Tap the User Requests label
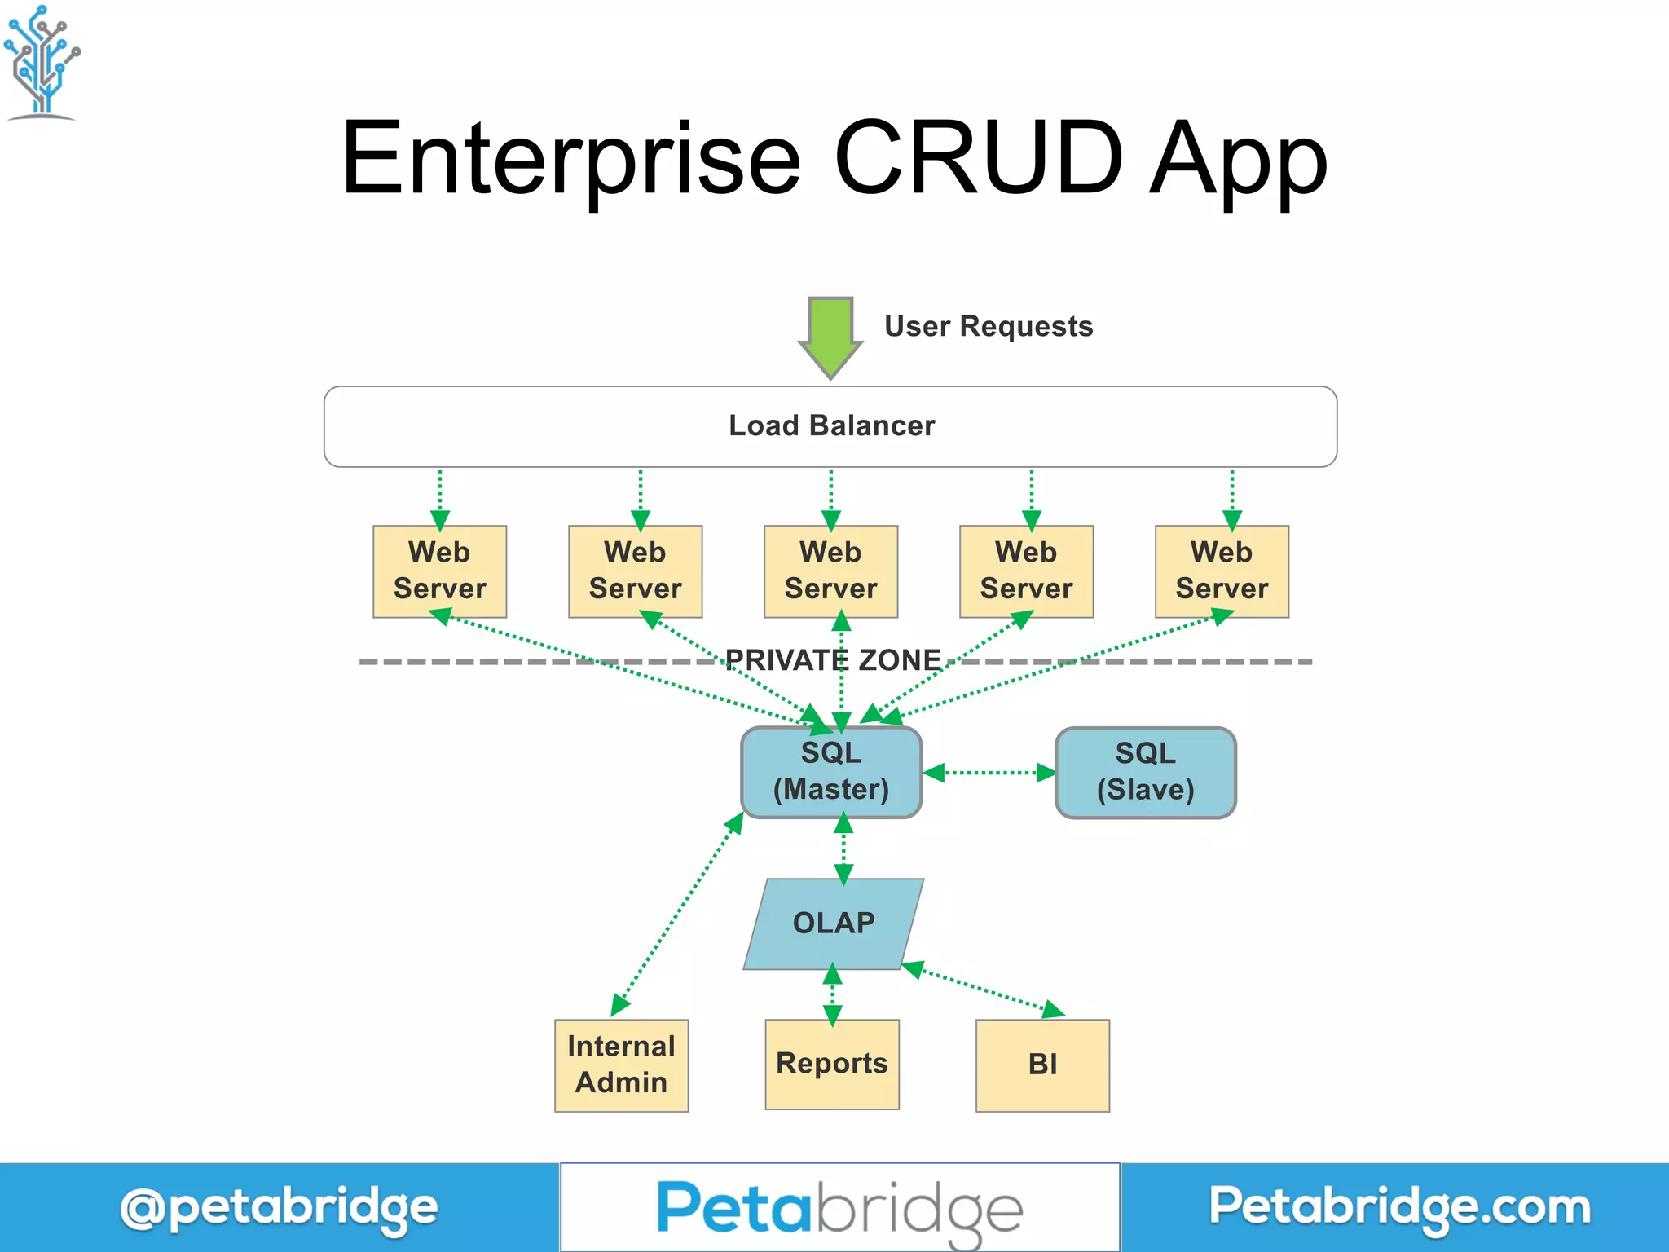click(x=988, y=326)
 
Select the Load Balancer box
click(x=830, y=426)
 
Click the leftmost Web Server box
click(x=439, y=571)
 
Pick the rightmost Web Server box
click(x=1221, y=571)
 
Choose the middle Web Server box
click(x=830, y=571)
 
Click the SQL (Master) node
click(x=830, y=772)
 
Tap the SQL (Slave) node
click(x=1145, y=772)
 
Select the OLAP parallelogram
click(x=833, y=924)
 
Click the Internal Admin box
click(x=621, y=1065)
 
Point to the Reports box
click(x=831, y=1064)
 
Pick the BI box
click(x=1042, y=1065)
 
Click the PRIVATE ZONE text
click(x=833, y=659)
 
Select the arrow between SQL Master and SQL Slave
click(x=989, y=772)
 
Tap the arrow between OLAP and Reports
click(x=832, y=994)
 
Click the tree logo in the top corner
click(x=41, y=61)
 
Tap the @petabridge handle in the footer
click(x=279, y=1208)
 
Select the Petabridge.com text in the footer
click(x=1398, y=1207)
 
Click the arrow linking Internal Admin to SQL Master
click(x=676, y=915)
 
